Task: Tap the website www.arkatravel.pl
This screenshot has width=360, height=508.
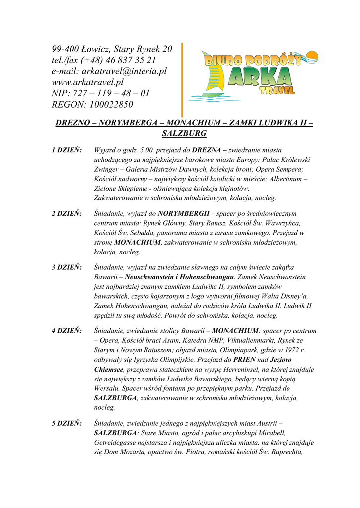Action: coord(87,82)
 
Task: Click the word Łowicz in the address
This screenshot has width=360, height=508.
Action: coord(96,49)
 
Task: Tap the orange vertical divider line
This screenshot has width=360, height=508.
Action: coord(182,79)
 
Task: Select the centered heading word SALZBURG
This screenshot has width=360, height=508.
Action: coord(184,133)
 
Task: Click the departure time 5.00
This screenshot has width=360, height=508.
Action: coord(148,150)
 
